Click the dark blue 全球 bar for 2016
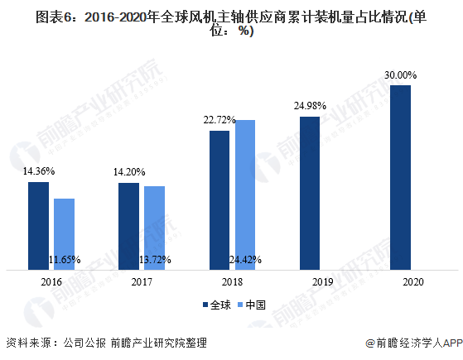(38, 226)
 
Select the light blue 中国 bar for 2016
(64, 234)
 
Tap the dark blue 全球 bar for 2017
(128, 226)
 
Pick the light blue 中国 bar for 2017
(154, 228)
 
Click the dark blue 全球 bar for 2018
(219, 200)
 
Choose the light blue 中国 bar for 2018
(245, 194)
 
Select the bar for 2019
(310, 194)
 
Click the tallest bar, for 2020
(400, 177)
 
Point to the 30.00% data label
(400, 75)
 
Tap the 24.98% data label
(310, 106)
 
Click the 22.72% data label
(219, 120)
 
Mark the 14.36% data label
(39, 170)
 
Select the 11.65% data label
(65, 260)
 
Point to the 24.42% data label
(245, 260)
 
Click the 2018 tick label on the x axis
(232, 282)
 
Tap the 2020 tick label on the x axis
(413, 282)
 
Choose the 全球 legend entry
(217, 305)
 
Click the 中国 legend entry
(252, 305)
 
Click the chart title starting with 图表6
(231, 24)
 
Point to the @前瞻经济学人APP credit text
(414, 343)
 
